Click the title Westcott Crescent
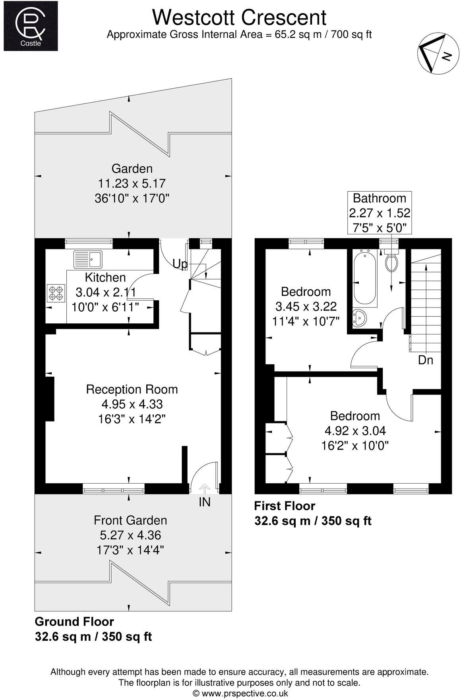click(x=239, y=17)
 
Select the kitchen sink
click(x=88, y=259)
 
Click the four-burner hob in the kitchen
click(x=56, y=293)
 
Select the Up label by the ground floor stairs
click(x=180, y=264)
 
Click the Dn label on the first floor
click(x=425, y=360)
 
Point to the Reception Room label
click(x=132, y=389)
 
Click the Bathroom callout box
click(x=380, y=213)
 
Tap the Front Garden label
click(x=130, y=520)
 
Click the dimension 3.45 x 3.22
click(x=306, y=306)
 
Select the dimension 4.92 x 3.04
click(x=355, y=430)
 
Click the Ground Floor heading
click(x=74, y=621)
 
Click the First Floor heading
click(x=285, y=506)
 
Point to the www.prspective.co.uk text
click(x=240, y=693)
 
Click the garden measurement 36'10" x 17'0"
click(x=132, y=198)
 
